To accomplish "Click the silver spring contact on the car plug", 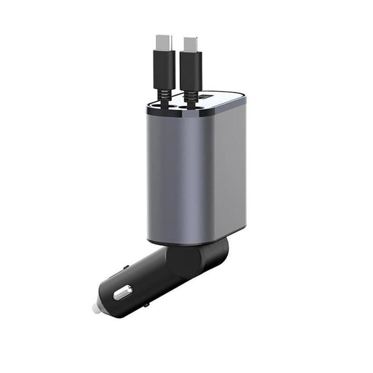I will coord(123,293).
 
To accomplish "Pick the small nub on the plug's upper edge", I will coord(126,268).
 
